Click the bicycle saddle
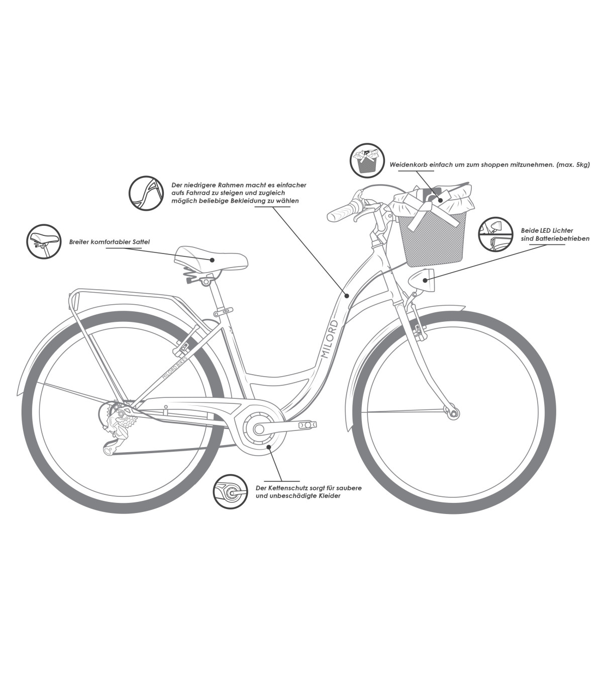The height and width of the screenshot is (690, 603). pos(211,260)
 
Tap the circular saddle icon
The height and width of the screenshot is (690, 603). pos(43,241)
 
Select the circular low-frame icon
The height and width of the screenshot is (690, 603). pos(146,193)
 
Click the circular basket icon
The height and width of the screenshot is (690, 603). pos(367,160)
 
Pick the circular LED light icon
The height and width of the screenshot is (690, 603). pos(494,234)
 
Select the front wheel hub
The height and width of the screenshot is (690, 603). pos(454,413)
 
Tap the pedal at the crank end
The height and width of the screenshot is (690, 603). pos(308,425)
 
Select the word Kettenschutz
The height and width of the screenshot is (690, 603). pos(285,488)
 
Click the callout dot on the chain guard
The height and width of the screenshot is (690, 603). pos(269,446)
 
